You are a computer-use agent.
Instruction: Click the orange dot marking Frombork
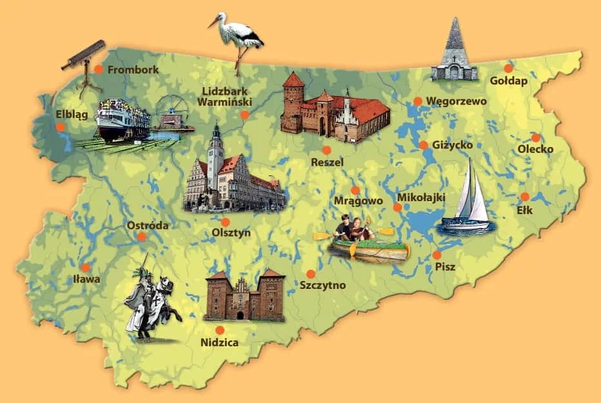[x=99, y=69]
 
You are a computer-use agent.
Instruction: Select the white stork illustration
[x=238, y=35]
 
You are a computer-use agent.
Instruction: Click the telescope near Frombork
[x=83, y=58]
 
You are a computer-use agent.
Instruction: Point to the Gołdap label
[x=509, y=81]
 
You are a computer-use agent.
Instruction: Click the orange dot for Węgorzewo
[x=418, y=101]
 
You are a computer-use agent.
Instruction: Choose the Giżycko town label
[x=453, y=145]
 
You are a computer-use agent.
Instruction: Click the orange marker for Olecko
[x=535, y=137]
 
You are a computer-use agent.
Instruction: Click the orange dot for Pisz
[x=437, y=255]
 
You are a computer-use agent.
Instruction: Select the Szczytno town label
[x=323, y=285]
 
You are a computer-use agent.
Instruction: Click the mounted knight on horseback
[x=152, y=300]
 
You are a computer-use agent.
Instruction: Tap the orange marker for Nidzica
[x=220, y=330]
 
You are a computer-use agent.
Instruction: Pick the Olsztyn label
[x=231, y=233]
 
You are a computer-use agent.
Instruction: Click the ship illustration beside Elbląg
[x=123, y=119]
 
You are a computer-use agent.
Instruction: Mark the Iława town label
[x=87, y=279]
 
